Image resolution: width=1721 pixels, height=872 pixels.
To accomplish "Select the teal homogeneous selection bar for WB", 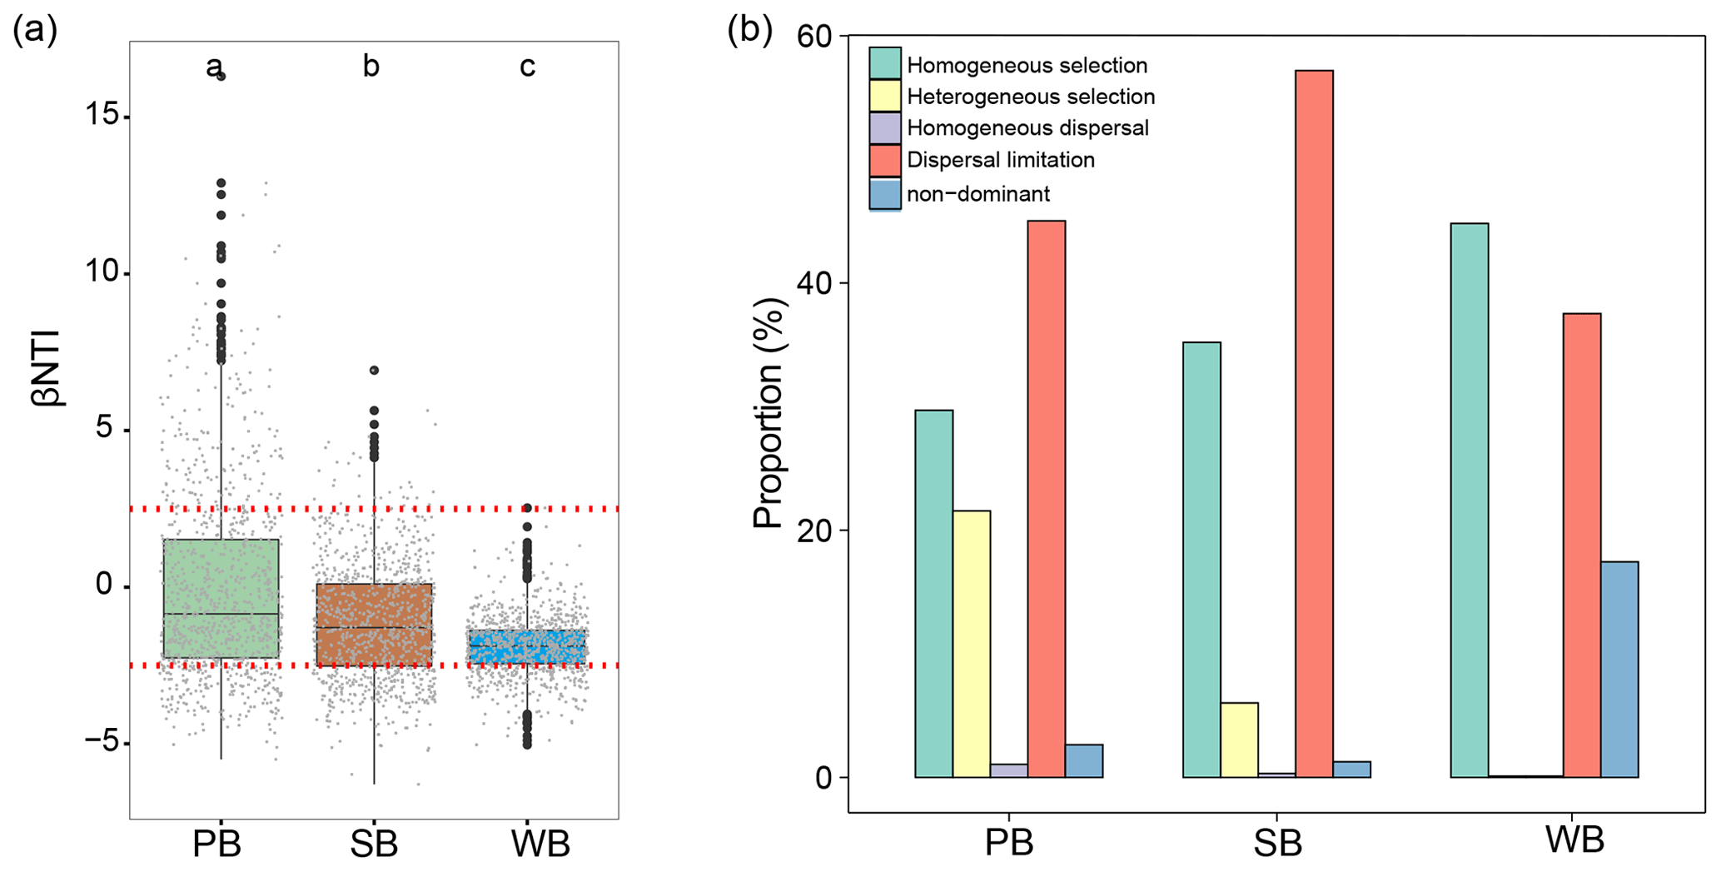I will (x=1469, y=500).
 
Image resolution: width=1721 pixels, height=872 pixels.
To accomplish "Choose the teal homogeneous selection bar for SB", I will (x=1201, y=559).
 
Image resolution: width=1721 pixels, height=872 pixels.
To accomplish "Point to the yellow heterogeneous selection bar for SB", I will (x=1239, y=740).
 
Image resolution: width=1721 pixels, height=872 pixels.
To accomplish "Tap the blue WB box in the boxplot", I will (x=527, y=646).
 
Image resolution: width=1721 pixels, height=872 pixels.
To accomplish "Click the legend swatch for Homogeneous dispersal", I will (x=884, y=128).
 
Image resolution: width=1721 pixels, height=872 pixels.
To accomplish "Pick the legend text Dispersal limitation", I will (x=1000, y=160).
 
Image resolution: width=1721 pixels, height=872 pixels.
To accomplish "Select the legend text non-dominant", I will (x=978, y=194).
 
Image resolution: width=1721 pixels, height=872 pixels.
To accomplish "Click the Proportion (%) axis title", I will (x=768, y=413).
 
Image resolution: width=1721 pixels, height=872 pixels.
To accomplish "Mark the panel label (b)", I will (x=749, y=30).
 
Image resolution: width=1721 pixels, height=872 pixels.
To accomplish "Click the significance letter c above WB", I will (x=527, y=66).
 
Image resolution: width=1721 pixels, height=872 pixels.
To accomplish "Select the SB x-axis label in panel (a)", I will (x=374, y=845).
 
